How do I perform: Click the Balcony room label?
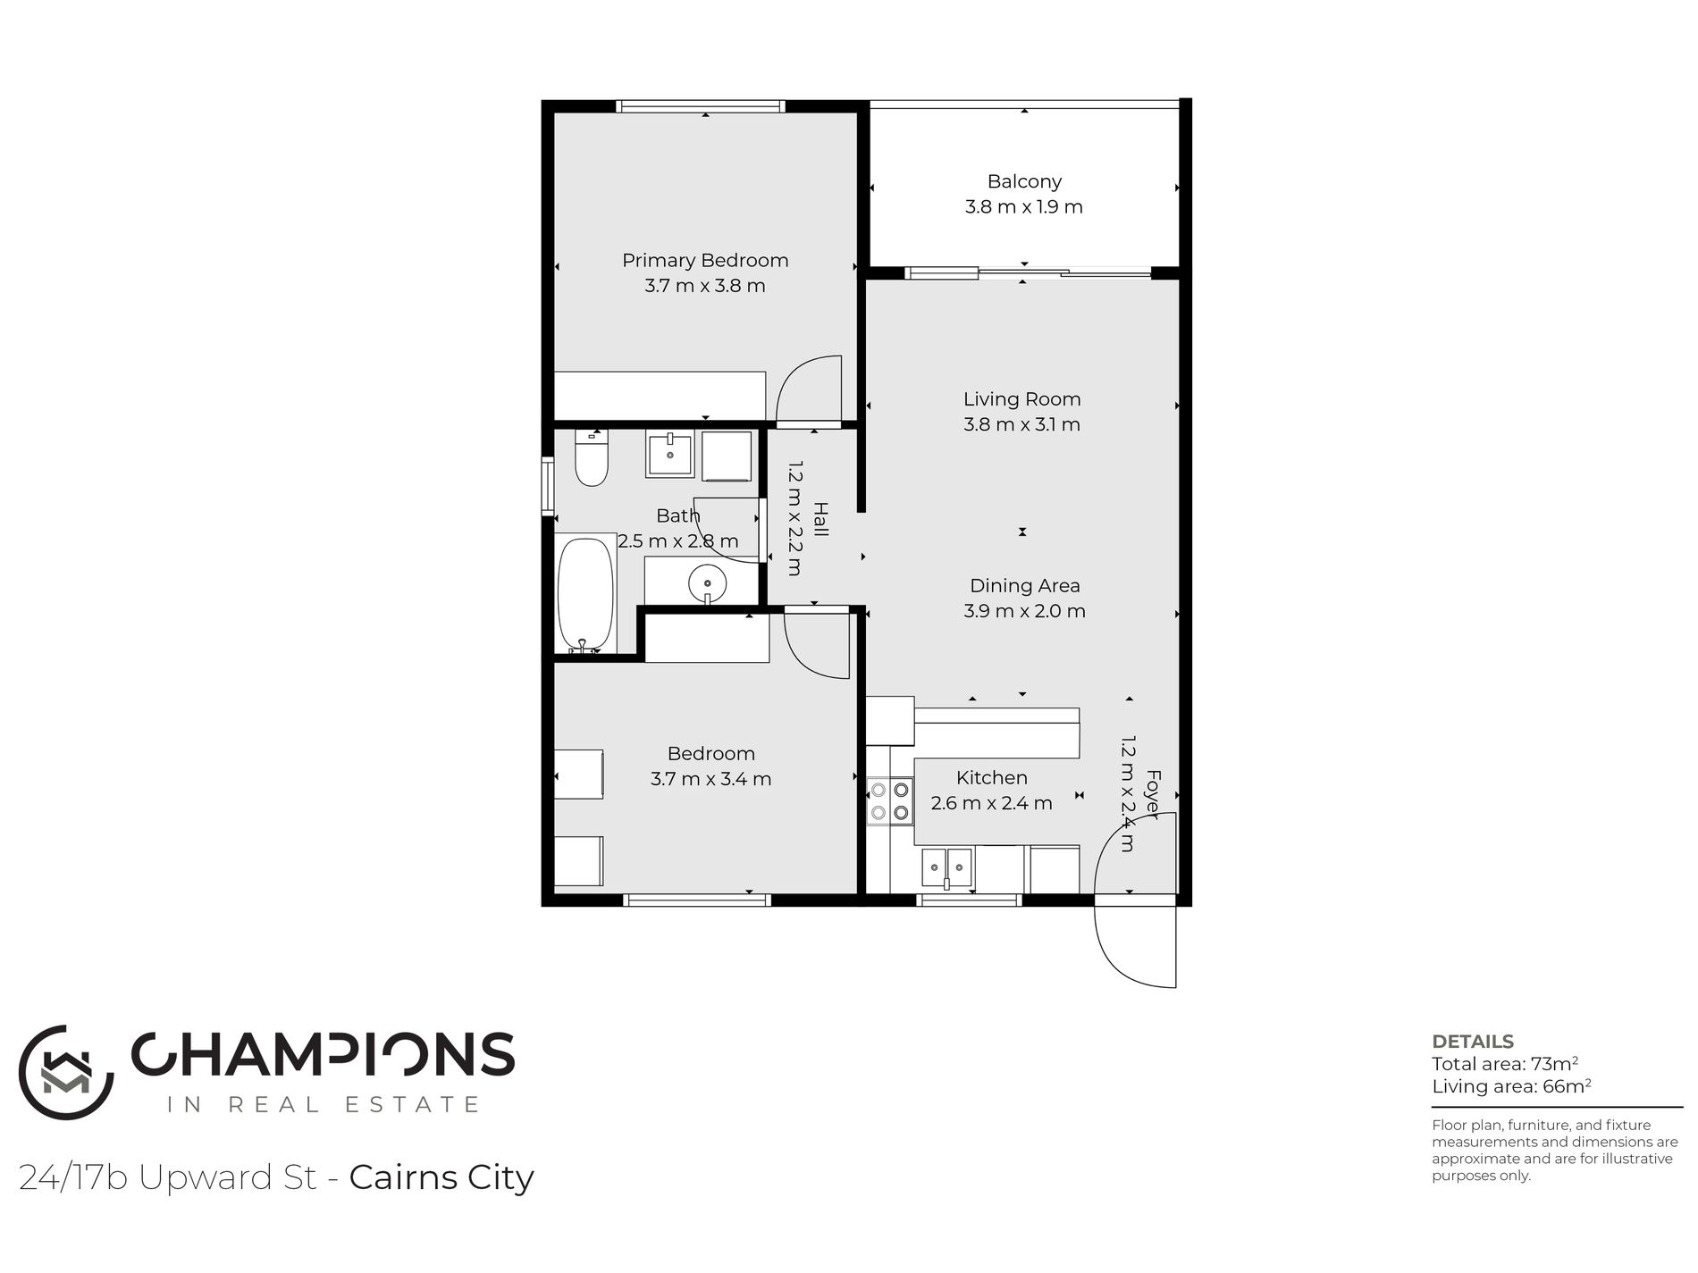(1024, 181)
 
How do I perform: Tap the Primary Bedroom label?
(705, 261)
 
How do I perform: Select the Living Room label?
(1021, 399)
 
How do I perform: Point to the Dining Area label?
(1025, 586)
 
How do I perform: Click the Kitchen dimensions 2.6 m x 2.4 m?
(991, 803)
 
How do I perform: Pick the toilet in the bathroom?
(591, 457)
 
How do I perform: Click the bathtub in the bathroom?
(585, 595)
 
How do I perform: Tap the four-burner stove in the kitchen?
(890, 800)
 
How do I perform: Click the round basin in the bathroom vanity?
(707, 583)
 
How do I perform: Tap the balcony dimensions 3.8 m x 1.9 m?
(1023, 207)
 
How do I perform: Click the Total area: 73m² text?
(1505, 1064)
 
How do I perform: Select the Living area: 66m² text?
(1511, 1086)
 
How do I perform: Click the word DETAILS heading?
(1473, 1042)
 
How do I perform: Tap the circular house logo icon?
(66, 1072)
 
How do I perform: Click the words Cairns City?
(441, 1177)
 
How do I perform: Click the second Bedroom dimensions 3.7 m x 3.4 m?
(710, 779)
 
